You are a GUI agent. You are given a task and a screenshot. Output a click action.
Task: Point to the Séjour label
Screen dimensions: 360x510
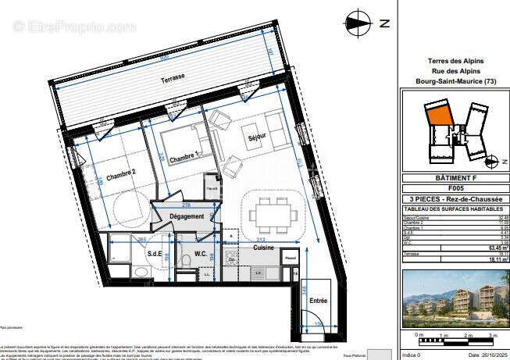click(x=258, y=143)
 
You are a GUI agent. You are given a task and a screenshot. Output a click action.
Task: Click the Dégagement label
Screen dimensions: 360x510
click(x=187, y=216)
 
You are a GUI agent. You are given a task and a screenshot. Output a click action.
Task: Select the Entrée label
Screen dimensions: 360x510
click(x=319, y=299)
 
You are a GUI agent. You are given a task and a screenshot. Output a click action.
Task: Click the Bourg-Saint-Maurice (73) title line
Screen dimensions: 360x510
click(x=455, y=81)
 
